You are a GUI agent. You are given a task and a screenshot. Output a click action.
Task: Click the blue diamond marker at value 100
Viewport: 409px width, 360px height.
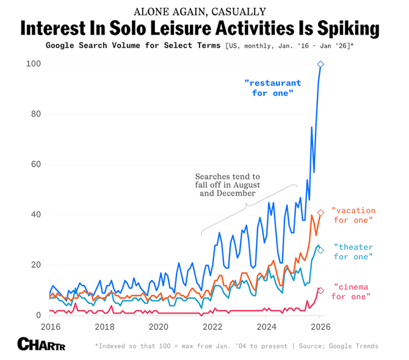pyautogui.click(x=321, y=64)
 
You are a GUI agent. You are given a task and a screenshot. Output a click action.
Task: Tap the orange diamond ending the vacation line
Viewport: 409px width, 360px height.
pyautogui.click(x=321, y=212)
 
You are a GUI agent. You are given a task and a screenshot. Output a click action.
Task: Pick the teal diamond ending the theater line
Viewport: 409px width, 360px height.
pyautogui.click(x=321, y=250)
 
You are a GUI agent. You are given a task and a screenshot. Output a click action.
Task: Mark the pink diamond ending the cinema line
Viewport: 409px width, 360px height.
pyautogui.click(x=321, y=290)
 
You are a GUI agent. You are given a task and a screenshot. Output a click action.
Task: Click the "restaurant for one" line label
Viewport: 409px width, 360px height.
pyautogui.click(x=272, y=88)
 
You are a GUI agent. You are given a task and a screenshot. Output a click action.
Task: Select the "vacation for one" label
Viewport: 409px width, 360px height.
pyautogui.click(x=353, y=215)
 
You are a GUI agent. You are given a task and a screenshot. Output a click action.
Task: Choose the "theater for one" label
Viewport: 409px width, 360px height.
pyautogui.click(x=353, y=252)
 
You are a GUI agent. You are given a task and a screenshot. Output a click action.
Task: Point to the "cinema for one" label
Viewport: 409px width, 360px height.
pyautogui.click(x=351, y=292)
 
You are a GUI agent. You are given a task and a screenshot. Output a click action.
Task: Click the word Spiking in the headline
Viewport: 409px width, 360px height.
pyautogui.click(x=338, y=29)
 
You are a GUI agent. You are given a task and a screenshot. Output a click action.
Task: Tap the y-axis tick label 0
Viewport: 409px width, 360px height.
pyautogui.click(x=37, y=315)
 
